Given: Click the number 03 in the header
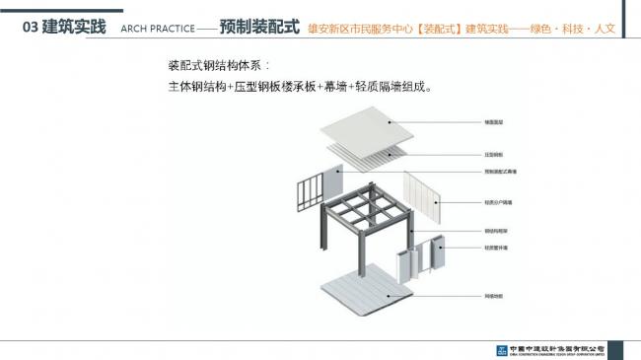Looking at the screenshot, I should point(31,28).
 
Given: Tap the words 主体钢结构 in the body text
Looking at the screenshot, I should point(197,87).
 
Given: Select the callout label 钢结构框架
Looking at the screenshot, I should point(496,232).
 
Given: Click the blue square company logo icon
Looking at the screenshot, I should point(502,350).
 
